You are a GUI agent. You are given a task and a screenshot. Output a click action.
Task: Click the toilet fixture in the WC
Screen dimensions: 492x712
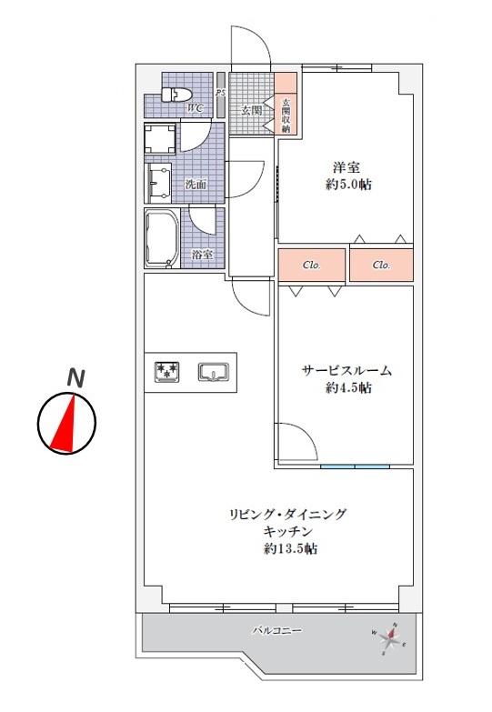[177, 95]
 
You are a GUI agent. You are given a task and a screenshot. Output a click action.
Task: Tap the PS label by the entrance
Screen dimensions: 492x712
[221, 93]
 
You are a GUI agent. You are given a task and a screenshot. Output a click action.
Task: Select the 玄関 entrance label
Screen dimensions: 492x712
[251, 110]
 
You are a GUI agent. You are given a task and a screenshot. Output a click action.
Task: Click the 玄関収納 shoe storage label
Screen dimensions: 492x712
[286, 115]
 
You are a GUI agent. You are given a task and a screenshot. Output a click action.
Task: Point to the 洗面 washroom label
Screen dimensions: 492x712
[196, 185]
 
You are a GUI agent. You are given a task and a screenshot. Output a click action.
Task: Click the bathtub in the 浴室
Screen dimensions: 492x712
[162, 238]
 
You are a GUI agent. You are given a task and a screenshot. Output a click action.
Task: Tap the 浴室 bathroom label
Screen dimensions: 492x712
[202, 255]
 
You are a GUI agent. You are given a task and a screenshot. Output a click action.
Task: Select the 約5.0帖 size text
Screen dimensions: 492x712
[348, 185]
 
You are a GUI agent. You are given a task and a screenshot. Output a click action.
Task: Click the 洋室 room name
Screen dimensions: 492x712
[346, 167]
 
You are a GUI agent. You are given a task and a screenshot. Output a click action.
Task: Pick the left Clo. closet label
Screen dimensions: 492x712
[312, 266]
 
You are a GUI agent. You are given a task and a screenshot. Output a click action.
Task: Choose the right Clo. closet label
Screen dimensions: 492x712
[381, 266]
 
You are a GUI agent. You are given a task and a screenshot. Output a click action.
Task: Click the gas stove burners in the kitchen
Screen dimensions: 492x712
[166, 372]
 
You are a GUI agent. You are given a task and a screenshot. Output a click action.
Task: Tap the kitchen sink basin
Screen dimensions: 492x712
[213, 372]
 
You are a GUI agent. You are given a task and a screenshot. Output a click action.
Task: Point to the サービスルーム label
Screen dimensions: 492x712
[346, 371]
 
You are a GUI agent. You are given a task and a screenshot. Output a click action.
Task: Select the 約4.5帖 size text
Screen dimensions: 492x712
[348, 387]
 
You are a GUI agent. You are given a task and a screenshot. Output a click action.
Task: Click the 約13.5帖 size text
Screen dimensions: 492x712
[291, 548]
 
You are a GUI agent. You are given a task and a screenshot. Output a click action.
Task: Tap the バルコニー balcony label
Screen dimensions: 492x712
[277, 630]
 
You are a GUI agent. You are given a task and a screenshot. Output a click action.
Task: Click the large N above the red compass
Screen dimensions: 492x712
[75, 377]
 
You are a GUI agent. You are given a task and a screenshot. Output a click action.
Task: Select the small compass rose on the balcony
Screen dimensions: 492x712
[389, 639]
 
